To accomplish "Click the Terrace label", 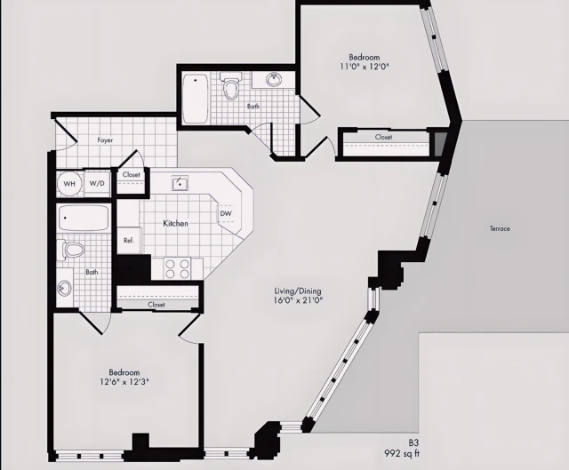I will [500, 229].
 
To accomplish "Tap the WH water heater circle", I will [69, 184].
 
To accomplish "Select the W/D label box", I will [97, 184].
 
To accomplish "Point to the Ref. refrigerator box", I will [128, 240].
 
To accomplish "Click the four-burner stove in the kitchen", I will [178, 267].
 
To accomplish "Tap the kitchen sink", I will [180, 184].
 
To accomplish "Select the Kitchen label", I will [175, 224].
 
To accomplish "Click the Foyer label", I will [105, 140].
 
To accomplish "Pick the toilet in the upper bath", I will [232, 88].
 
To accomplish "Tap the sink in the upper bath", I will [275, 81].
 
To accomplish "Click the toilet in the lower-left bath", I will [74, 250].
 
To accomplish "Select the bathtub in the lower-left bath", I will [84, 218].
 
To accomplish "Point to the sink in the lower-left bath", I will [65, 288].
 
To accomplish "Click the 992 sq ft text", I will [401, 453].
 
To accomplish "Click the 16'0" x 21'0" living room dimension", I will [298, 300].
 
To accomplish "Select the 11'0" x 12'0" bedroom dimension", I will [365, 66].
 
